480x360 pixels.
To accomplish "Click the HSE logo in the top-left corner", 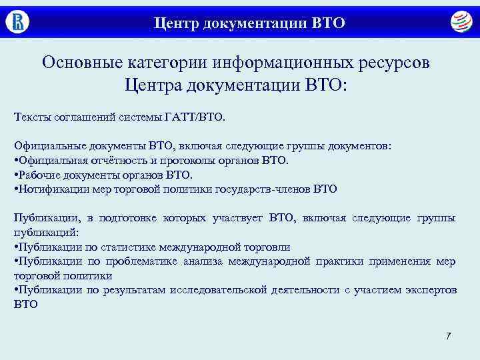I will coord(18,21).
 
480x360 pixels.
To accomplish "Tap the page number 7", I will coord(448,335).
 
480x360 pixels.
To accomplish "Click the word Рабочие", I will coord(39,175).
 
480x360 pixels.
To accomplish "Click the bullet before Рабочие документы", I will coord(15,175).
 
